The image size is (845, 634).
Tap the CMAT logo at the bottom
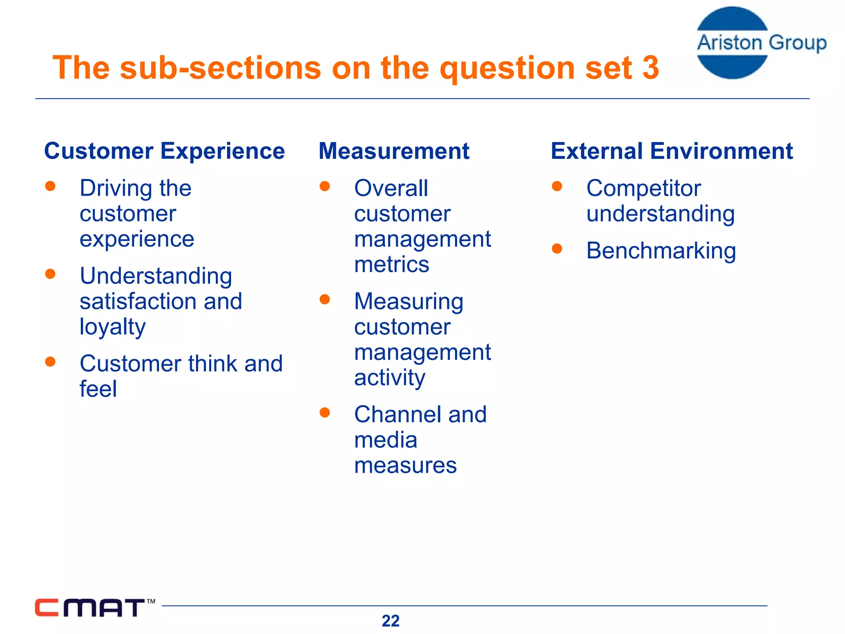click(90, 608)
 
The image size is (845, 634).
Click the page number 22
click(390, 621)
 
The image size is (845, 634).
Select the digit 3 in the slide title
click(650, 68)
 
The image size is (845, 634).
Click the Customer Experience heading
click(164, 151)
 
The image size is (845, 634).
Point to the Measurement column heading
click(394, 151)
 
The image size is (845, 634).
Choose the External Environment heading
click(671, 151)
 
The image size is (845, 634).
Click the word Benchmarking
click(661, 251)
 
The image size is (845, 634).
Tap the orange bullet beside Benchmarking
click(557, 248)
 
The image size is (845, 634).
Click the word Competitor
click(643, 189)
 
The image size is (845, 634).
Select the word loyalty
click(112, 327)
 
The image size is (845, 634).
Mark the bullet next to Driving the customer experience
click(50, 186)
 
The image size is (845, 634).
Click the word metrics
click(391, 264)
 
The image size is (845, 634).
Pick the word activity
click(389, 378)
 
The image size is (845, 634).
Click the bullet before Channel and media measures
click(325, 412)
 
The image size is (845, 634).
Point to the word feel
click(98, 389)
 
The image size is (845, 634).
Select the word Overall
click(391, 189)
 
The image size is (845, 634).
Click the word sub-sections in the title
click(220, 68)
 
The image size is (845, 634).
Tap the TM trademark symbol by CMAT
click(151, 601)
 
